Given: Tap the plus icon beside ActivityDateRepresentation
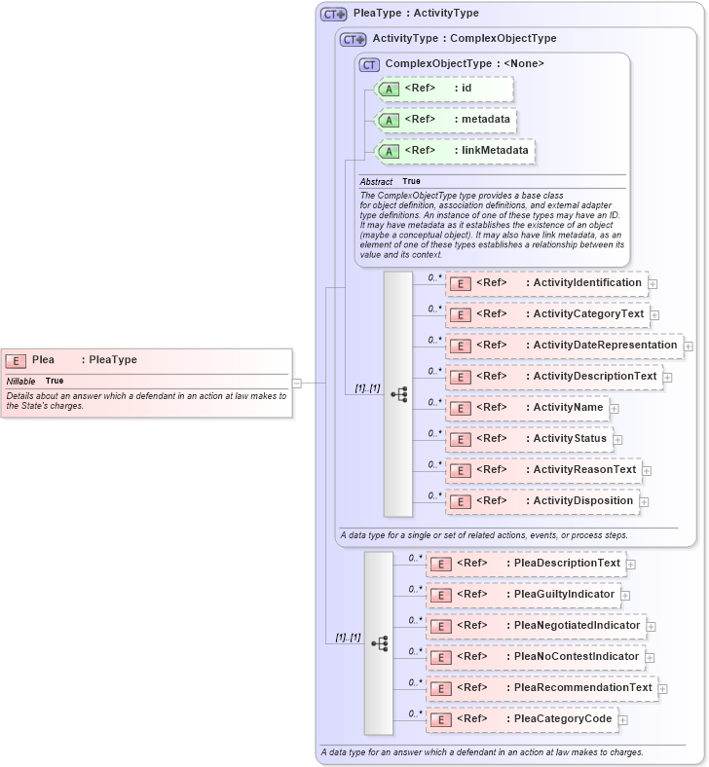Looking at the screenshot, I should [x=689, y=346].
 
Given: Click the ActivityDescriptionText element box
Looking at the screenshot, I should [x=554, y=377].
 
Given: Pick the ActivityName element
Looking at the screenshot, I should [x=527, y=408].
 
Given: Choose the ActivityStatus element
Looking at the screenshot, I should [x=529, y=439].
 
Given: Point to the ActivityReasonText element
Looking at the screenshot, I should [x=542, y=470].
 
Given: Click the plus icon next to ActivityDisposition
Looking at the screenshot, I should [x=645, y=501].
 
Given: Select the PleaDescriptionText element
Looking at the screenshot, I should [x=526, y=564].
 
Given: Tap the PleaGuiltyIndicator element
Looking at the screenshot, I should [x=523, y=595].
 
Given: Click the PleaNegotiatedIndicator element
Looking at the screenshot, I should [x=536, y=626].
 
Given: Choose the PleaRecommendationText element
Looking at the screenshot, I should [x=541, y=688].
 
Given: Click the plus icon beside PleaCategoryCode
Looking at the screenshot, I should [x=623, y=719].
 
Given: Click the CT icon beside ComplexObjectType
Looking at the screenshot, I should [x=369, y=64].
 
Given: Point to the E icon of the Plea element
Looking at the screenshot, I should [x=16, y=360].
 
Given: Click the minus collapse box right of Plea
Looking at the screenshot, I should [x=297, y=383].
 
